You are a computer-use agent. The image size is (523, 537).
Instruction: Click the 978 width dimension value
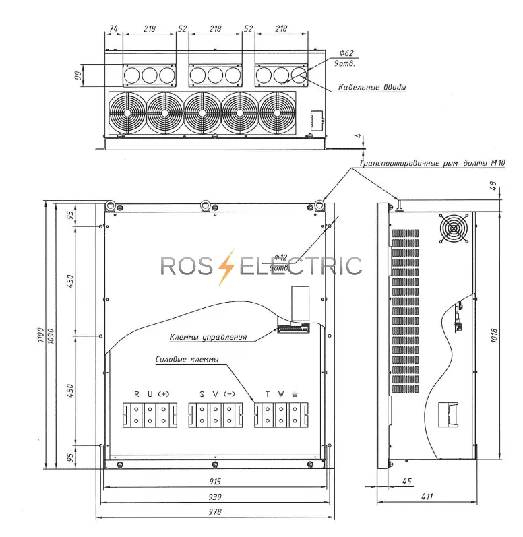pos(215,511)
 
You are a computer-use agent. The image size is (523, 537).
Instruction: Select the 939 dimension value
pos(215,497)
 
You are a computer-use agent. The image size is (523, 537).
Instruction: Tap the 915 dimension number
pos(215,482)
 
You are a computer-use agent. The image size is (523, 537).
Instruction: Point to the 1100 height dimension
pos(40,335)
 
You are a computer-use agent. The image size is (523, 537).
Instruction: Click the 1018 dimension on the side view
pos(494,336)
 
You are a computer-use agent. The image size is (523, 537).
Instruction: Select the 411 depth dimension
pos(427,497)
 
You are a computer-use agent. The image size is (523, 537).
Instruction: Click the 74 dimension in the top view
pos(113,28)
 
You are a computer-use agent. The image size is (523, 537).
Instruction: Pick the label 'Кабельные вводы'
pos(372,87)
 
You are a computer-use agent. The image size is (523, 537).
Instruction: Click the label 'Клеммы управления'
pos(208,337)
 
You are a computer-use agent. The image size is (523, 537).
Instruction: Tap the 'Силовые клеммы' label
pos(187,359)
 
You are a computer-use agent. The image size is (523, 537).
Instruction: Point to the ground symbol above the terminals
pos(295,394)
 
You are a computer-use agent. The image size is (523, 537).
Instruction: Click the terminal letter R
pos(137,394)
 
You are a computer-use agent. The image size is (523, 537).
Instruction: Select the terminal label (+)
pos(163,394)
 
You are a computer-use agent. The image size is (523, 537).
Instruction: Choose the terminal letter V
pos(216,394)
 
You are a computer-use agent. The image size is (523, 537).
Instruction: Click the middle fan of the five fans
pos(202,113)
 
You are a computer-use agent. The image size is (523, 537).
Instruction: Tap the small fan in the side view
pos(454,228)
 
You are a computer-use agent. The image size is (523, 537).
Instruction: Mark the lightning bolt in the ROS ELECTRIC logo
pos(226,267)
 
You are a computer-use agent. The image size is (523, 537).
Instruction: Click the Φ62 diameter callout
pos(346,53)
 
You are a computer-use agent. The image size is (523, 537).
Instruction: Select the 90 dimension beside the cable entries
pos(78,75)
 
